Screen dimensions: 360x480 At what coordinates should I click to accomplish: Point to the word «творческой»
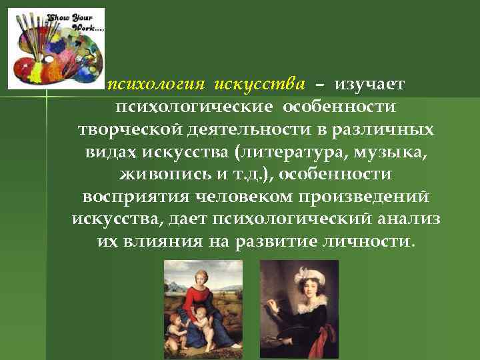tap(123, 129)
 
